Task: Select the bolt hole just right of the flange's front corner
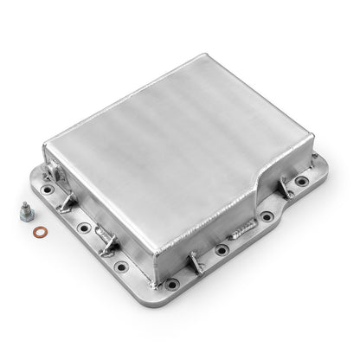[222, 249]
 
